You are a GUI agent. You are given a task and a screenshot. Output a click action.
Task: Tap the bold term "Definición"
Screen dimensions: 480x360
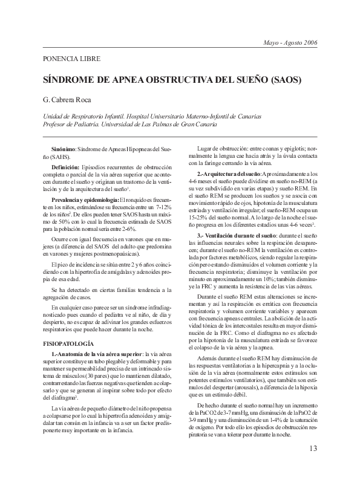[x=65, y=165]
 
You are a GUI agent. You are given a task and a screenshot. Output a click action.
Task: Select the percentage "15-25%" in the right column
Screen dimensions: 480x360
[x=199, y=216]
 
